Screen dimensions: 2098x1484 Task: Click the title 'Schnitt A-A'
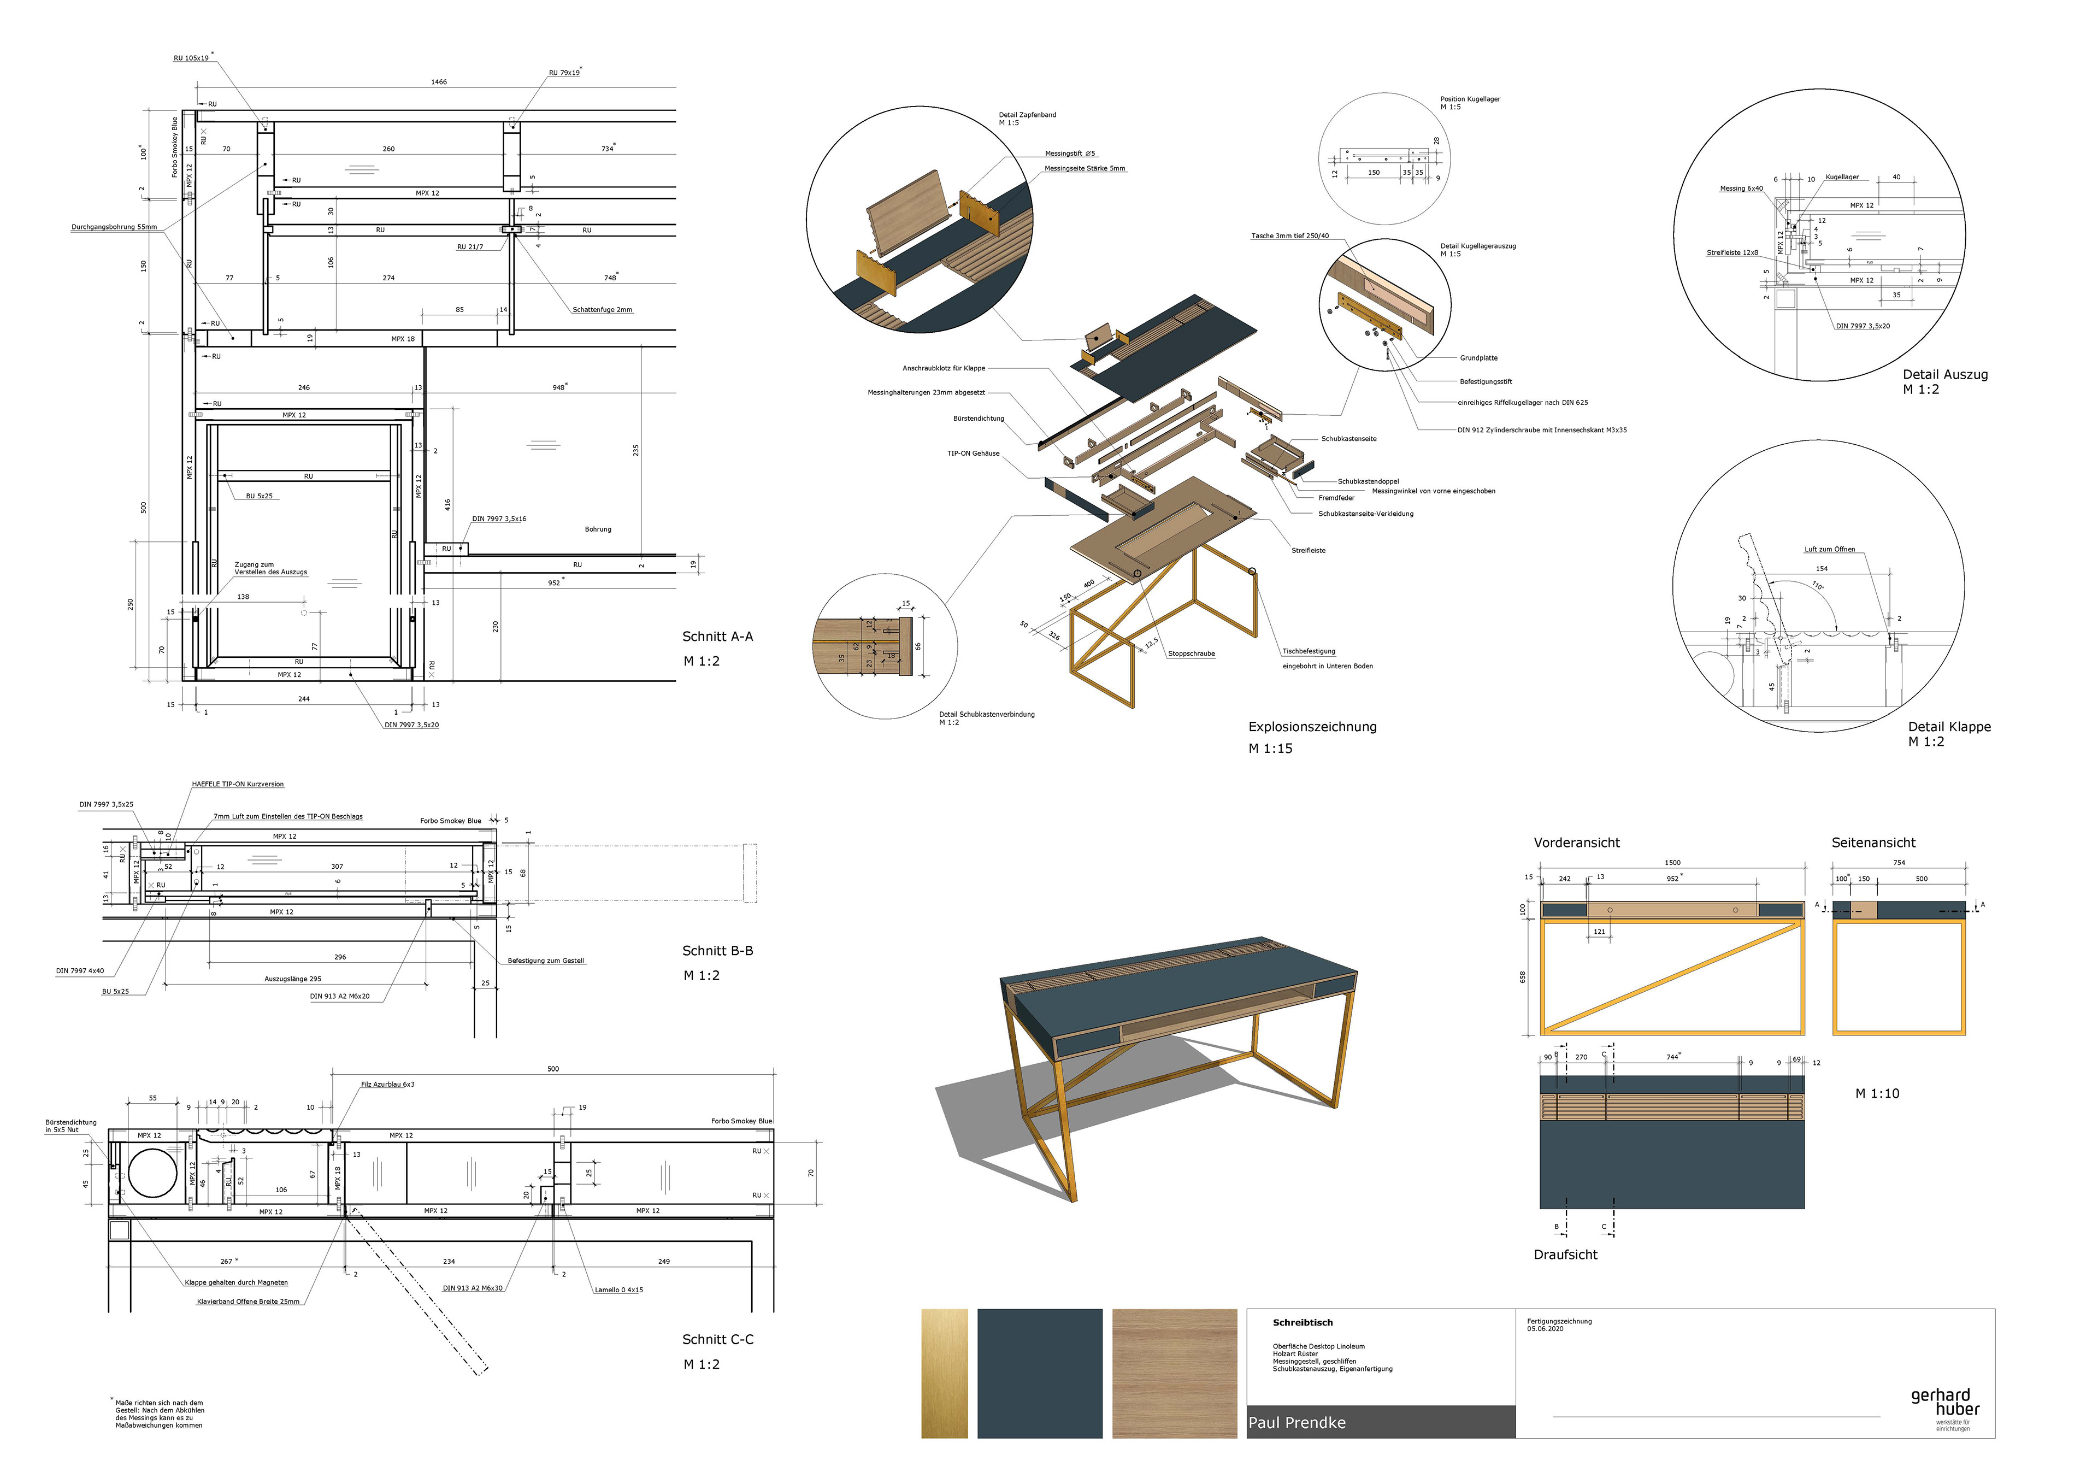(717, 637)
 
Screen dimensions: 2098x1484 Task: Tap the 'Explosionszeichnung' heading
(1312, 727)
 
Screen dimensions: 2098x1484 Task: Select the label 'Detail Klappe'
(1949, 727)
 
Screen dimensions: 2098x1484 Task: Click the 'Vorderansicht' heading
(1576, 844)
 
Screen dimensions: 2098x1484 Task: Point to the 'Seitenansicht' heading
(1873, 844)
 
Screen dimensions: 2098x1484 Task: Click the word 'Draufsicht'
(1565, 1256)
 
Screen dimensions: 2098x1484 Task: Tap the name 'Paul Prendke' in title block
(1296, 1424)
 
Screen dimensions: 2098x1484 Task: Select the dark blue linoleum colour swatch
(1039, 1374)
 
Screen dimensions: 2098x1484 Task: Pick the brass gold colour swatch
(944, 1374)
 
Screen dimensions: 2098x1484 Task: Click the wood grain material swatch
(1174, 1374)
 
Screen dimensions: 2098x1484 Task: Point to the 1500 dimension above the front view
(1672, 863)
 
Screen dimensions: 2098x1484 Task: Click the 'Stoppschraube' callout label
(1192, 654)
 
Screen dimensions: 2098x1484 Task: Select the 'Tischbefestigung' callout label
(1309, 651)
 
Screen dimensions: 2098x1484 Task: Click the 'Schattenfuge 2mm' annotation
(602, 310)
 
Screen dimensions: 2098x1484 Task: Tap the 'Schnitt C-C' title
(717, 1340)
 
